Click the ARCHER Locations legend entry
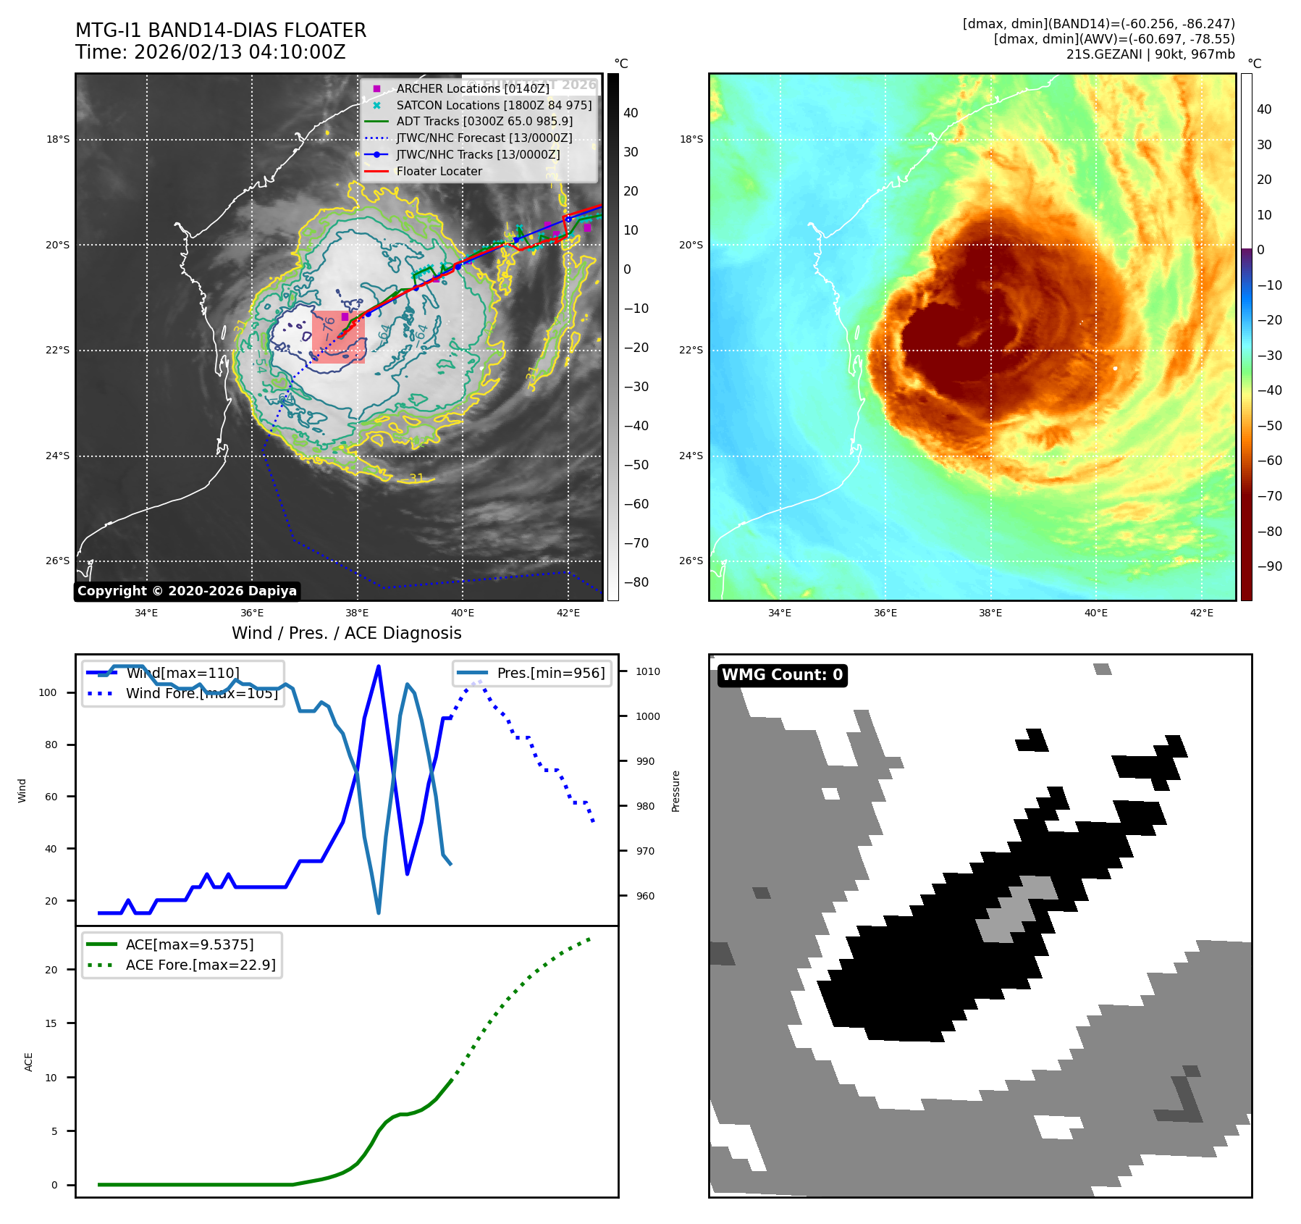coord(472,88)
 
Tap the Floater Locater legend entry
coord(439,171)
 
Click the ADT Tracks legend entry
coord(484,121)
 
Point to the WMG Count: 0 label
coord(782,675)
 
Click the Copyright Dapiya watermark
coord(187,591)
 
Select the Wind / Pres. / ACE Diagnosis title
coord(346,633)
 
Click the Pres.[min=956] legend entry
coord(550,673)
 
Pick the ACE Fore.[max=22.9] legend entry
coord(201,965)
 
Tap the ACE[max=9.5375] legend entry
coord(190,944)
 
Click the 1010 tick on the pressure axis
coord(647,671)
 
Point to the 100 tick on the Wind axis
coord(48,692)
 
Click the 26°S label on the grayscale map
coord(58,561)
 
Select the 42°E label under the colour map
coord(1201,613)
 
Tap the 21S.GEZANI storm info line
coord(1150,54)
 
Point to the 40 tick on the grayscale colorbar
coord(631,113)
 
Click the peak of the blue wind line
coord(379,666)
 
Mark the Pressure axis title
coord(675,791)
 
